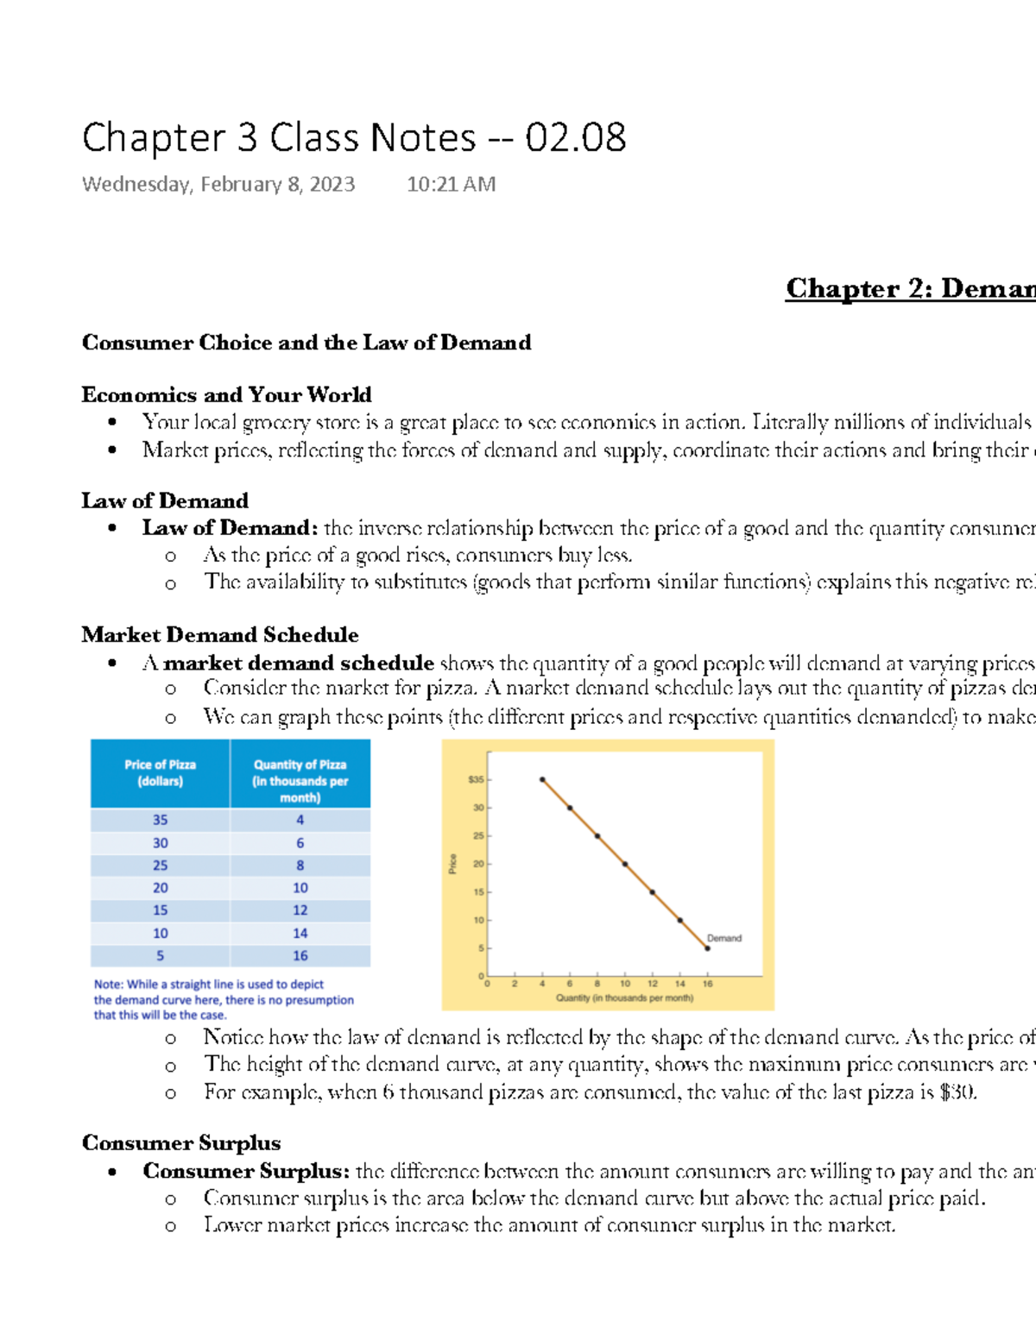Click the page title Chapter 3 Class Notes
pyautogui.click(x=354, y=138)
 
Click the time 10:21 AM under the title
pyautogui.click(x=451, y=185)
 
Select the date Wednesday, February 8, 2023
pyautogui.click(x=218, y=185)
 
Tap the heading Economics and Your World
pyautogui.click(x=226, y=395)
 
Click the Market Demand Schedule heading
pyautogui.click(x=220, y=635)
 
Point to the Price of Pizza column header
pyautogui.click(x=161, y=773)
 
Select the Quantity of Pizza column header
pyautogui.click(x=300, y=780)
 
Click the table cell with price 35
pyautogui.click(x=161, y=820)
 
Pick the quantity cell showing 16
pyautogui.click(x=300, y=955)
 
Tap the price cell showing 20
pyautogui.click(x=161, y=888)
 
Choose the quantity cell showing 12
pyautogui.click(x=300, y=910)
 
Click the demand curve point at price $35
pyautogui.click(x=542, y=779)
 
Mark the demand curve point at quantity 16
pyautogui.click(x=707, y=948)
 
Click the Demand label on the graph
pyautogui.click(x=723, y=938)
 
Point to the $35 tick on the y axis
pyautogui.click(x=476, y=780)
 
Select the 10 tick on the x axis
pyautogui.click(x=625, y=984)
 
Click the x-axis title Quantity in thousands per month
pyautogui.click(x=624, y=998)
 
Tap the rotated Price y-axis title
pyautogui.click(x=452, y=864)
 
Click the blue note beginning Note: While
pyautogui.click(x=224, y=999)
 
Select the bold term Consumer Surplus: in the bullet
pyautogui.click(x=246, y=1171)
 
